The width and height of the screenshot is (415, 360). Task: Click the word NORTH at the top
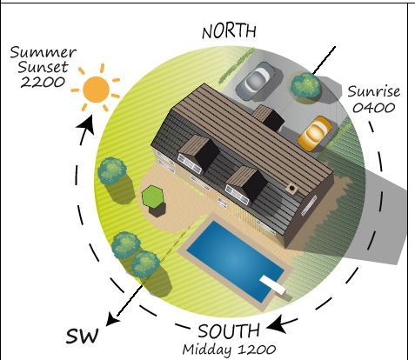click(x=229, y=31)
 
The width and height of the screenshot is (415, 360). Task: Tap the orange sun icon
click(x=96, y=90)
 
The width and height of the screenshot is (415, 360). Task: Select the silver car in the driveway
click(x=256, y=82)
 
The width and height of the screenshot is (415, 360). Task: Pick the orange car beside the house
click(x=315, y=133)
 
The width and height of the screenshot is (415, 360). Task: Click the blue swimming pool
click(x=236, y=261)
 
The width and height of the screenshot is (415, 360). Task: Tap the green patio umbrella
click(x=153, y=197)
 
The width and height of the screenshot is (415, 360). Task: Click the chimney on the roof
click(x=291, y=189)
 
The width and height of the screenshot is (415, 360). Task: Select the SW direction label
click(x=82, y=336)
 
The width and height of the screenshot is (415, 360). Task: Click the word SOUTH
click(x=229, y=331)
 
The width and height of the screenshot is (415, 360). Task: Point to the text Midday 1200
click(x=229, y=350)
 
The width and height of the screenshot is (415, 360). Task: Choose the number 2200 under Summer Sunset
click(x=43, y=82)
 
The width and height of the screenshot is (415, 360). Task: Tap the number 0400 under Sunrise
click(x=374, y=108)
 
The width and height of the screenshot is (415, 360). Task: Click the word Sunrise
click(x=374, y=91)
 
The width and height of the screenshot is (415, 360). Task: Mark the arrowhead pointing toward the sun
click(x=87, y=123)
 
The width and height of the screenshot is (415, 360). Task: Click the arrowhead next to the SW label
click(x=113, y=319)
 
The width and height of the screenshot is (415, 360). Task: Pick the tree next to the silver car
click(x=306, y=86)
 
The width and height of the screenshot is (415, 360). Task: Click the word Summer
click(x=43, y=52)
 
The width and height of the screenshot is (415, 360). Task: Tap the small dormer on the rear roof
click(x=268, y=117)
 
